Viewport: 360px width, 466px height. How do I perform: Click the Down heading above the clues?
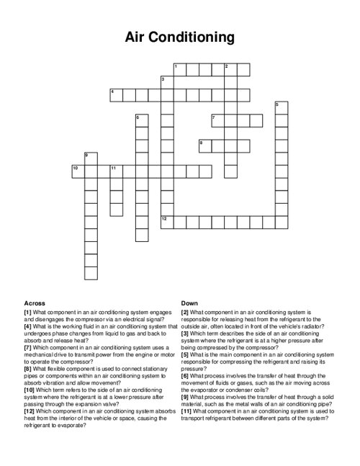tap(190, 303)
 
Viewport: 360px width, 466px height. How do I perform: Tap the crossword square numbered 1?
tap(179, 69)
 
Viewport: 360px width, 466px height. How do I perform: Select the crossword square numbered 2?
tap(230, 69)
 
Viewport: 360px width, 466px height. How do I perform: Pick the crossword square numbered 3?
tap(166, 82)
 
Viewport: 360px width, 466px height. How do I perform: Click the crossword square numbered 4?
tap(116, 94)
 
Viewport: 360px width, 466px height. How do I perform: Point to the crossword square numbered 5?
tap(280, 107)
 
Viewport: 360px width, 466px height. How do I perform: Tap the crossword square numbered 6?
tap(141, 120)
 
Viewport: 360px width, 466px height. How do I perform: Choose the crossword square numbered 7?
tap(217, 120)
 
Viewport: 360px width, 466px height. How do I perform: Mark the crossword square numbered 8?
tap(204, 145)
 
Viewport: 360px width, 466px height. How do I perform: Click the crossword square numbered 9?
tap(91, 158)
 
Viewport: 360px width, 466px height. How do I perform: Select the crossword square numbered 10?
tap(78, 170)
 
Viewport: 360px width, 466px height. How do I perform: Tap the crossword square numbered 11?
tap(116, 170)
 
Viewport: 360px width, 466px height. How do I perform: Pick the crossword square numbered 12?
tap(166, 220)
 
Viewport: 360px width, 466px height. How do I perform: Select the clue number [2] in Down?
tap(185, 313)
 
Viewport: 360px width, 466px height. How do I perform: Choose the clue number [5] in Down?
tap(185, 354)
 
